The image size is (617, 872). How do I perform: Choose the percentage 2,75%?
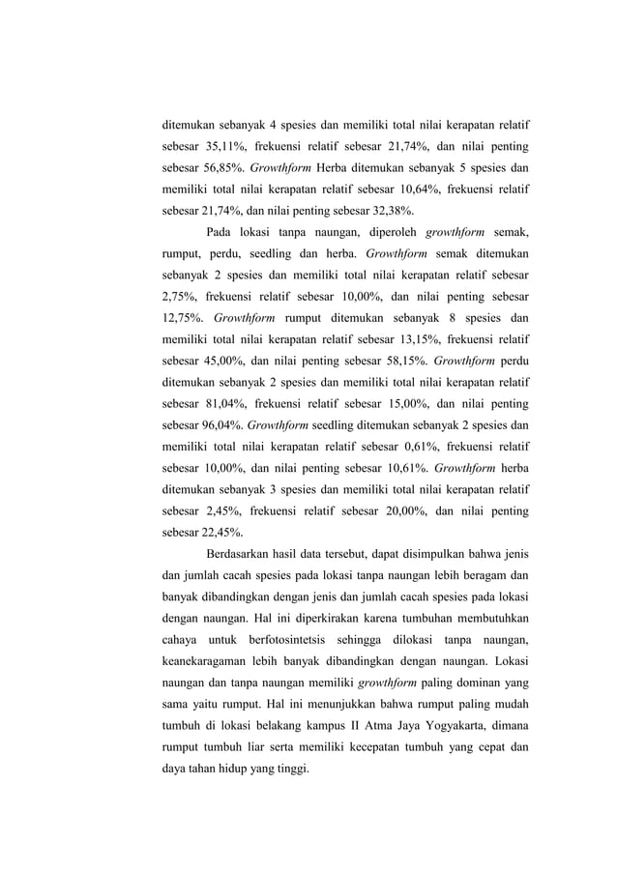click(x=181, y=295)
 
